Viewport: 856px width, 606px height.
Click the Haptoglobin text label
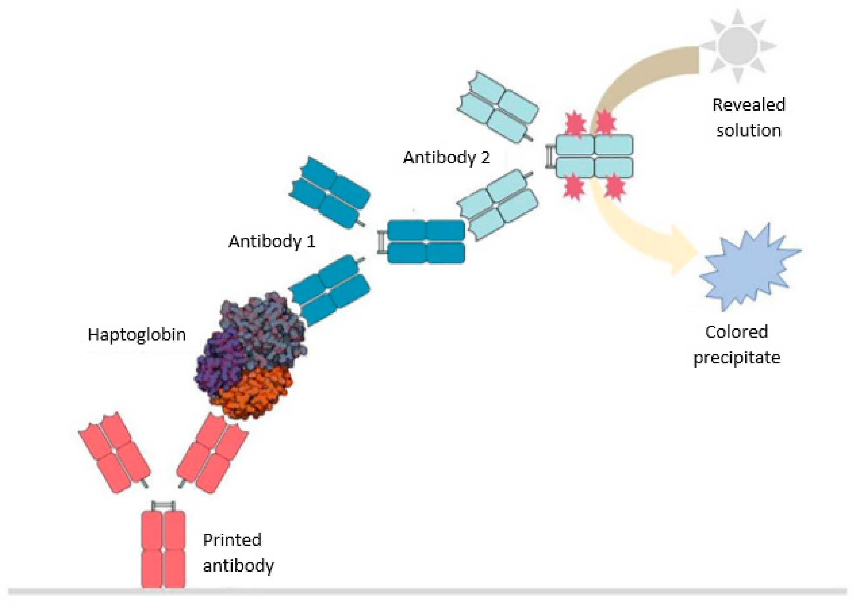point(137,335)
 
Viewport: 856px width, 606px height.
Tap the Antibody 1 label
point(272,241)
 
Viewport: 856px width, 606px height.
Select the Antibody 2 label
point(446,158)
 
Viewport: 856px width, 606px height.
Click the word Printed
point(232,540)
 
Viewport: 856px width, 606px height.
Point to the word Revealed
point(748,105)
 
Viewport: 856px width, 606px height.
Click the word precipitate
point(737,358)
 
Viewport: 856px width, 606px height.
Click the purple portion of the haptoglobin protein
point(217,362)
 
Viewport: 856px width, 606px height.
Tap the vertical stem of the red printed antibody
point(163,548)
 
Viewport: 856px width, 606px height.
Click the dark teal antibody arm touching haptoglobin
point(328,291)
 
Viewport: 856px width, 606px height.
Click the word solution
point(748,131)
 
